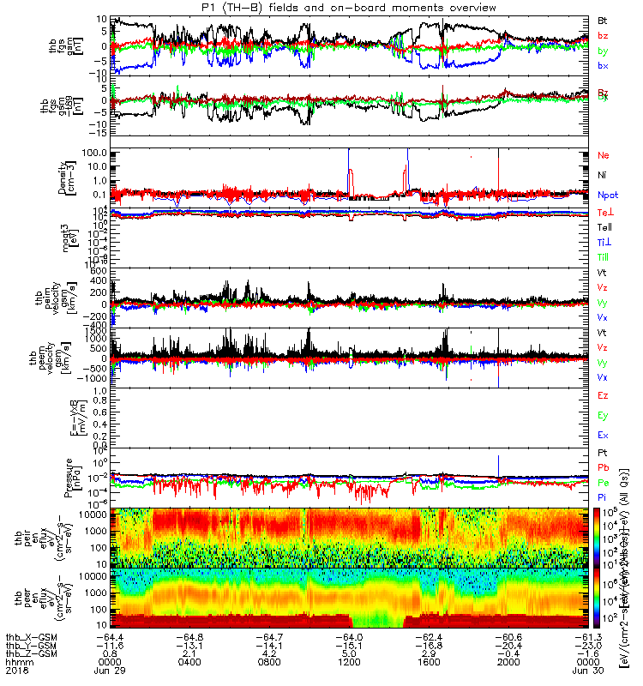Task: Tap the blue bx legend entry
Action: point(603,66)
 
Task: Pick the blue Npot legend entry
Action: point(607,196)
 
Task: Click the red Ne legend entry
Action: point(603,155)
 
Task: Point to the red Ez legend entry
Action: point(603,396)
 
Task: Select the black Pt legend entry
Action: point(603,451)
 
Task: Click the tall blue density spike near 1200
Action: point(348,159)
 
